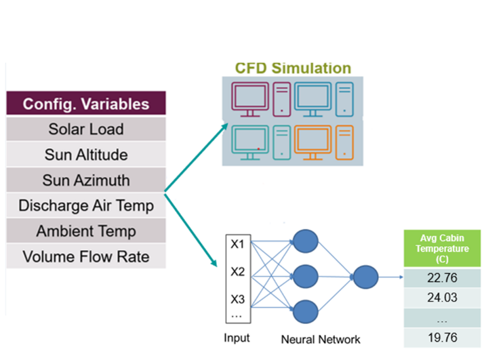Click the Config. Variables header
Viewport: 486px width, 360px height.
(86, 104)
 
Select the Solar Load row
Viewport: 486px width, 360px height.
(86, 129)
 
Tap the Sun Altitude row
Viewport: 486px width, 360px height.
(86, 155)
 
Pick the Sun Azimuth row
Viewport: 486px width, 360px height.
(86, 180)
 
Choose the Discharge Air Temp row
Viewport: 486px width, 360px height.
(86, 205)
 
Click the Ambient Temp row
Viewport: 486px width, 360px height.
(86, 231)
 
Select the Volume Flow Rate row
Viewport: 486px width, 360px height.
(86, 257)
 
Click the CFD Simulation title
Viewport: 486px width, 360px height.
(293, 68)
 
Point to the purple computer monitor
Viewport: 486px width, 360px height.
(249, 96)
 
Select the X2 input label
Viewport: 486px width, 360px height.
(237, 272)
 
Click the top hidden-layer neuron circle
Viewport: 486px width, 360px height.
(304, 242)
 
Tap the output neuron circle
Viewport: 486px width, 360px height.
(365, 276)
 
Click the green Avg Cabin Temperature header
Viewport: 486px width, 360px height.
(441, 249)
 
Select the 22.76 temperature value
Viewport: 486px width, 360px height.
(441, 279)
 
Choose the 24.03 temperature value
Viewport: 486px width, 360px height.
(441, 298)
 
